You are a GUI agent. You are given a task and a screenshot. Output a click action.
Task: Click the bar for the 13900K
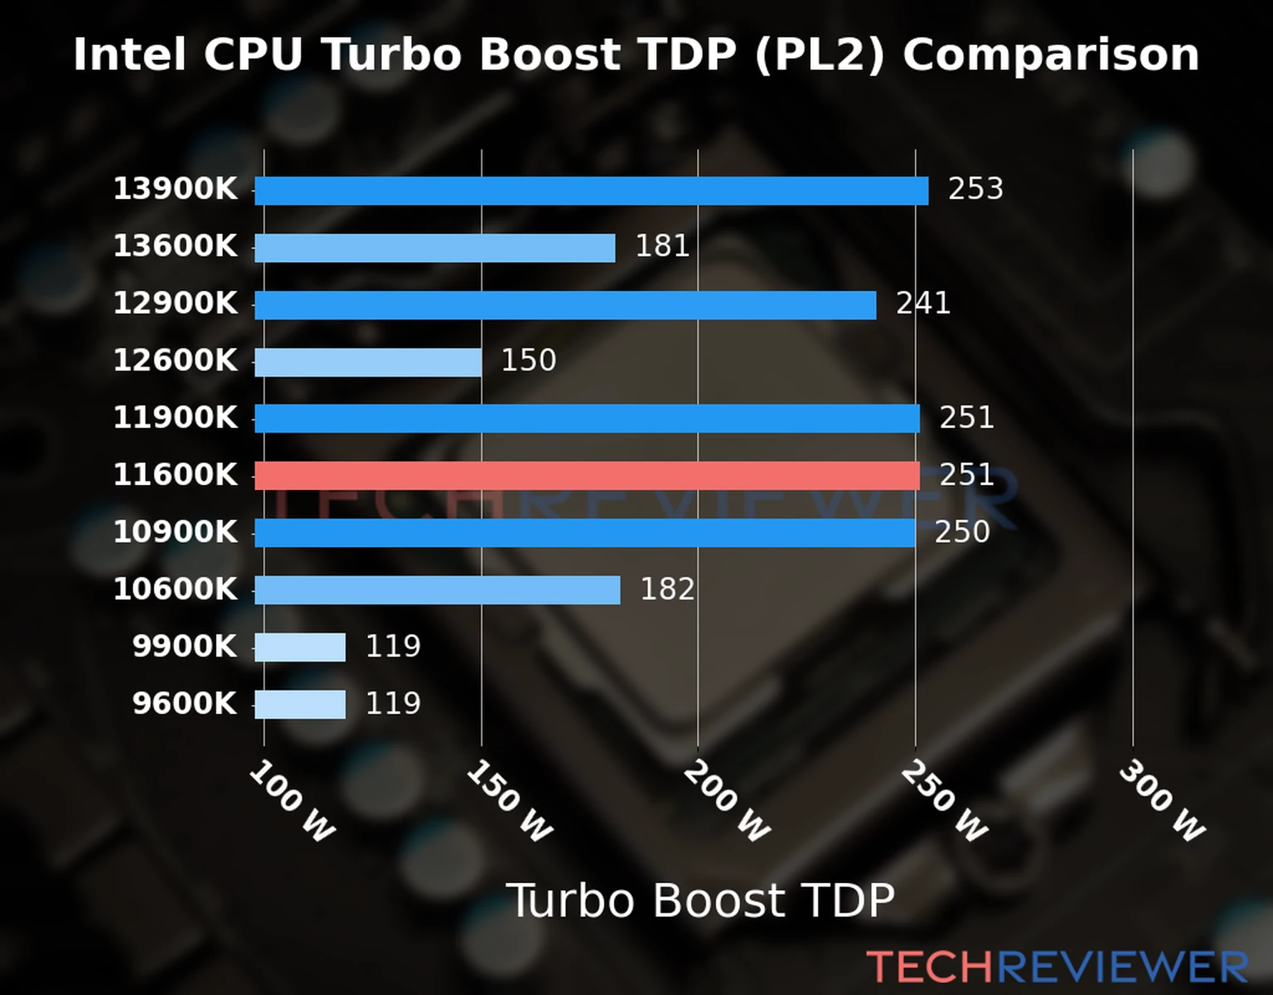(591, 191)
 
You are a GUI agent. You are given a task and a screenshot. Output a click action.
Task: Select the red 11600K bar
(587, 476)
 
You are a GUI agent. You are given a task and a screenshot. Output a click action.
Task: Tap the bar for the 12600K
(368, 362)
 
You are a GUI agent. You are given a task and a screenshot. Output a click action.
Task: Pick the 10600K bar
(437, 590)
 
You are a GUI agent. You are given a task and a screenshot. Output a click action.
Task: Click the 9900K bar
(300, 648)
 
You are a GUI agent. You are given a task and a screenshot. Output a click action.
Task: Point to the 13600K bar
(434, 248)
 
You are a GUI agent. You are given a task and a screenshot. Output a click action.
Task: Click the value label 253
(975, 189)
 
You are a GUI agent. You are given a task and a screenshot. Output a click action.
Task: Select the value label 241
(922, 303)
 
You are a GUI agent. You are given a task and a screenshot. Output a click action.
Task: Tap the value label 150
(528, 361)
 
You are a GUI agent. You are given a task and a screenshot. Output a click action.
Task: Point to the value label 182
(667, 590)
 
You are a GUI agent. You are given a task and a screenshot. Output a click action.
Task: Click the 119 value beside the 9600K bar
(393, 704)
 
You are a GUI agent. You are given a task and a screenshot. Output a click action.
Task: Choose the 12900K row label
(175, 303)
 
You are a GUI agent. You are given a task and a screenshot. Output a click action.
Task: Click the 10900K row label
(175, 532)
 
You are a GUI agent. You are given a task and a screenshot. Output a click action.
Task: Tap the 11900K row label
(175, 418)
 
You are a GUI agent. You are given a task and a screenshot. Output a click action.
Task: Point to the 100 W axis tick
(293, 801)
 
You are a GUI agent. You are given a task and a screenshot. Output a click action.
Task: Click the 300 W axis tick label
(1162, 801)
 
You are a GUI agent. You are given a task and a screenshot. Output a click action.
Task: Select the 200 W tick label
(727, 801)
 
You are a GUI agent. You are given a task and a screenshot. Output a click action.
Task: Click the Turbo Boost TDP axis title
(700, 900)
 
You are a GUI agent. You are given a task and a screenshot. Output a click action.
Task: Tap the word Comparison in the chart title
(1051, 56)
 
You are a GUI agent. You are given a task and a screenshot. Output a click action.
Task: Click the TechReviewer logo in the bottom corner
(1057, 967)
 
